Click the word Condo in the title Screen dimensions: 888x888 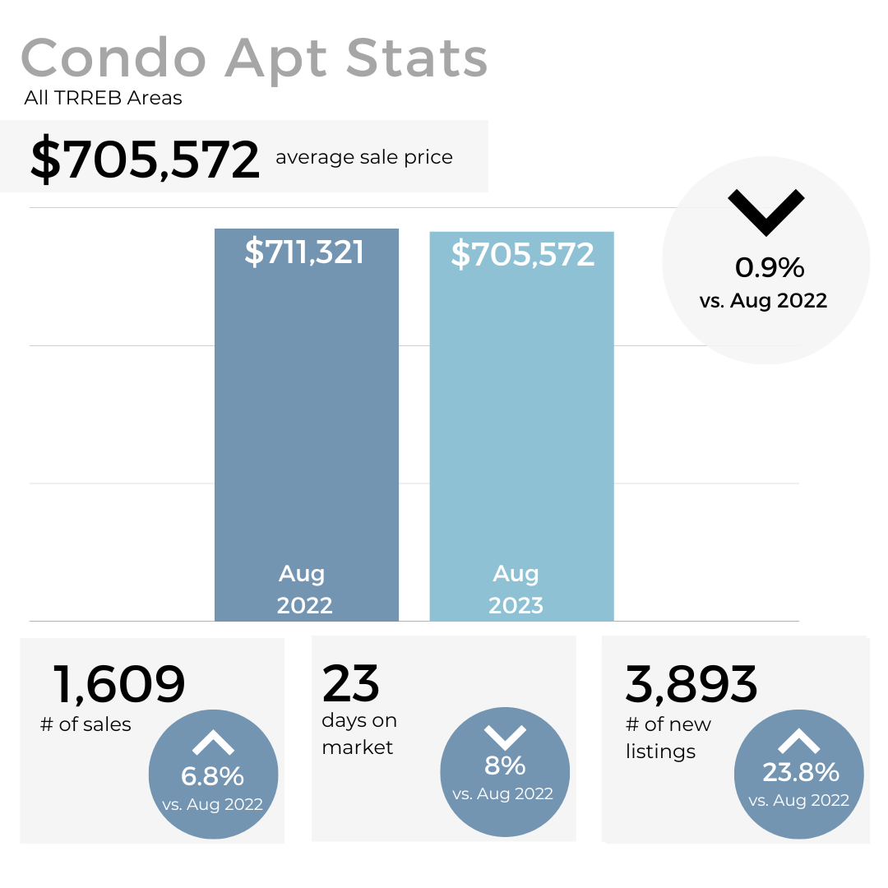pyautogui.click(x=113, y=59)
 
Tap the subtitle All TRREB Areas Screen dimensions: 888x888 pyautogui.click(x=103, y=99)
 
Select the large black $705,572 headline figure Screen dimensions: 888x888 pyautogui.click(x=145, y=160)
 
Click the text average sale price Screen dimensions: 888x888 pyautogui.click(x=363, y=157)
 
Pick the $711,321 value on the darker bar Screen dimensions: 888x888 pyautogui.click(x=304, y=252)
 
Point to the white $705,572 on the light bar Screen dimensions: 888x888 pyautogui.click(x=522, y=255)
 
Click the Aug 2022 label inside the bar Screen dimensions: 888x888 pyautogui.click(x=304, y=589)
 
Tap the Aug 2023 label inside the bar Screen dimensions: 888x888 pyautogui.click(x=516, y=589)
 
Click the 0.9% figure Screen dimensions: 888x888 pyautogui.click(x=769, y=267)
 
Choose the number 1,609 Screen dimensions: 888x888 pyautogui.click(x=119, y=683)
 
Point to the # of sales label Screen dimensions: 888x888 pyautogui.click(x=86, y=724)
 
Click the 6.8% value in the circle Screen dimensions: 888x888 pyautogui.click(x=212, y=776)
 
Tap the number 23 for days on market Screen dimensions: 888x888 pyautogui.click(x=351, y=683)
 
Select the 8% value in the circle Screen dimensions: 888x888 pyautogui.click(x=505, y=765)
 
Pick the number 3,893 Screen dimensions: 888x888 pyautogui.click(x=691, y=683)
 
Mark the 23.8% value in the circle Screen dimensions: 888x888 pyautogui.click(x=800, y=772)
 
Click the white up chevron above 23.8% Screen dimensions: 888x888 pyautogui.click(x=798, y=742)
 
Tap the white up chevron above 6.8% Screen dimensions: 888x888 pyautogui.click(x=213, y=744)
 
